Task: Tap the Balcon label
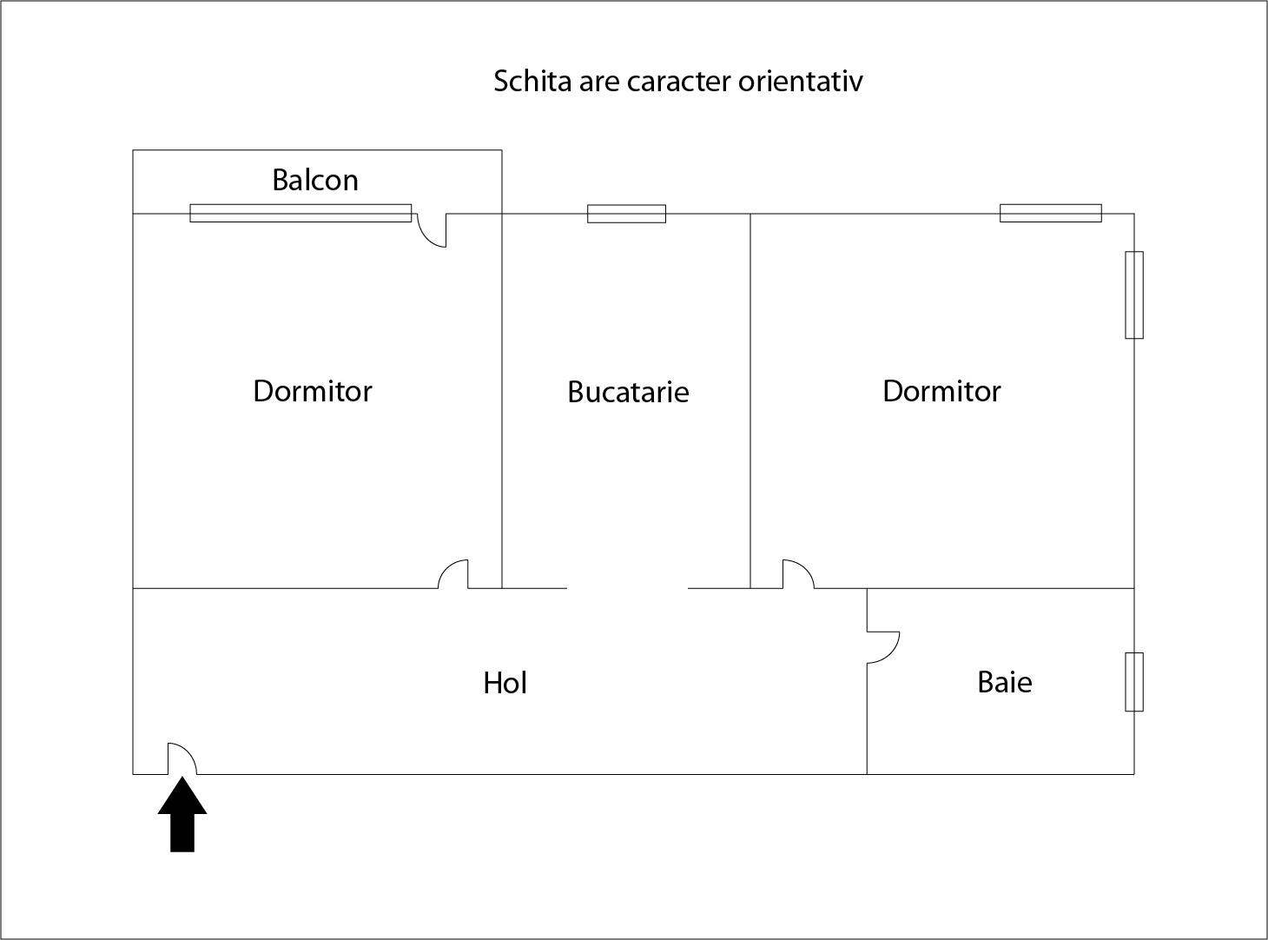315,180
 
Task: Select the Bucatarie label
628,392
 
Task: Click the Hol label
505,683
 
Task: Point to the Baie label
1005,682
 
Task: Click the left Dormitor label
313,391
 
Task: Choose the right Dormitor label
941,391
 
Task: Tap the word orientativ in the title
801,81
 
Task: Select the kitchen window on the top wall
626,214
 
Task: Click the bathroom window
1134,682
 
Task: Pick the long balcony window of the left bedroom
300,213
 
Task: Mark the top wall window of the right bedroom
1051,213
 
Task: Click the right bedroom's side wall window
1134,295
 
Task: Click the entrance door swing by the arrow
182,758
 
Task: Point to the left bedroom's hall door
453,574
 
